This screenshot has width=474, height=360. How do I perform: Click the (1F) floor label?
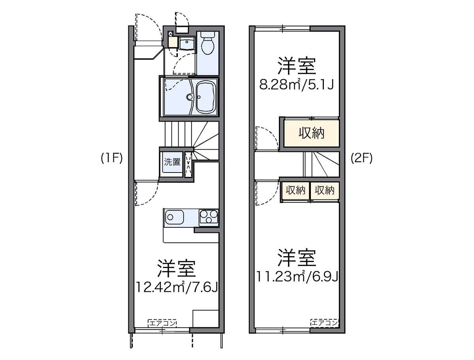click(x=112, y=158)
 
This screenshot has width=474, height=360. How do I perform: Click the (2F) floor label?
click(x=361, y=158)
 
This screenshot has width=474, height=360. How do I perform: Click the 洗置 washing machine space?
click(x=172, y=162)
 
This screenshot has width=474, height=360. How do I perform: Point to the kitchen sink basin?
click(x=174, y=216)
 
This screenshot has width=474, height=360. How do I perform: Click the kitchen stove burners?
click(x=209, y=217)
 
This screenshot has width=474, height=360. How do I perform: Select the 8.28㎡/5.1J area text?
click(x=296, y=84)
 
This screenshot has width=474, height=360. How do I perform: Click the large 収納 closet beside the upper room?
click(x=311, y=134)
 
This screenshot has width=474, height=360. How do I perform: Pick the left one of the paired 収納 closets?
click(x=295, y=191)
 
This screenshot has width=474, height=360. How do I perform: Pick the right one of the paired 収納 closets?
click(x=325, y=191)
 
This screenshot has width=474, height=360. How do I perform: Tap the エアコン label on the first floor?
click(x=162, y=322)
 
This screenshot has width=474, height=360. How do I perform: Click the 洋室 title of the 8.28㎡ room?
click(x=296, y=66)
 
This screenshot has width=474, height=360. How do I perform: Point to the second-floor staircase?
click(x=321, y=164)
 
